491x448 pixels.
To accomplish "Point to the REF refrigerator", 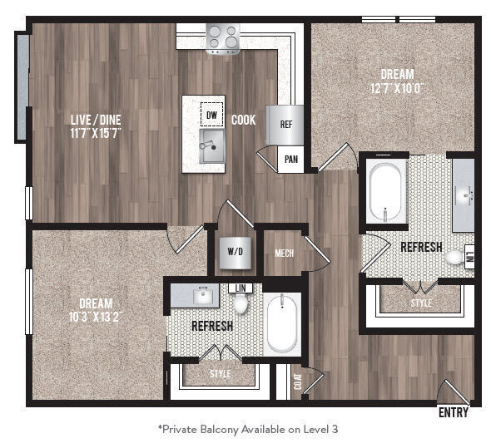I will (x=285, y=125).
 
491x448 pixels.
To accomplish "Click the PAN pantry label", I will (x=290, y=158).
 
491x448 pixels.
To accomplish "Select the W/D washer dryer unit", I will (x=233, y=252).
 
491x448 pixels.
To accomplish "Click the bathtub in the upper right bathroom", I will (x=385, y=192).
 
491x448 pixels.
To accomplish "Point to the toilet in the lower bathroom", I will (x=241, y=304).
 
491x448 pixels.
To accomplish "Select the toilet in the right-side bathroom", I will (x=454, y=258).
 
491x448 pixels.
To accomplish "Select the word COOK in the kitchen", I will (x=244, y=119).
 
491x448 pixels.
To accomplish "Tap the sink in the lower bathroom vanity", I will (x=202, y=295).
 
